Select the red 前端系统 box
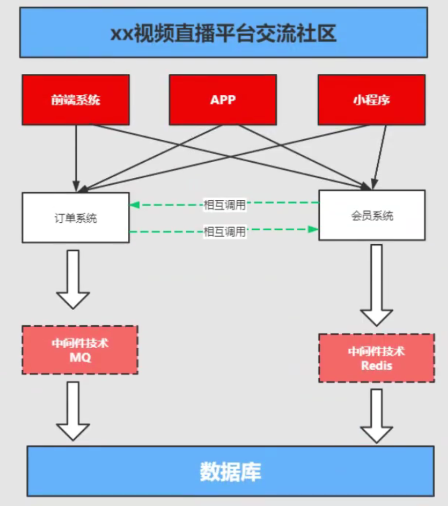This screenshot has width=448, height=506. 76,100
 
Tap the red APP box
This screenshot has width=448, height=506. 223,100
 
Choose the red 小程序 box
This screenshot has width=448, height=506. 371,100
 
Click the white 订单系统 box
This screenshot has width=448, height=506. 76,217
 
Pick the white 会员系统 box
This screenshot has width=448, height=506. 372,215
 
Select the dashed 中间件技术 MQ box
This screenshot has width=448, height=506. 80,350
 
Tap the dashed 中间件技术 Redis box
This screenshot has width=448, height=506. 376,358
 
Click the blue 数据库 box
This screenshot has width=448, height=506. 230,471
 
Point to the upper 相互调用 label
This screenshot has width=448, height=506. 224,205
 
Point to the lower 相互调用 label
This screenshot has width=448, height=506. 224,232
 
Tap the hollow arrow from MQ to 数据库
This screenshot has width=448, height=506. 73,411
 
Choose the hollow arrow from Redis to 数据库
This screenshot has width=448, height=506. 376,416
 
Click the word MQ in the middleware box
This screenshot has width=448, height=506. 80,358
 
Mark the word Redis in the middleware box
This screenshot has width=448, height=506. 376,365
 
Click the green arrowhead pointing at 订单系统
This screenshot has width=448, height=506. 133,205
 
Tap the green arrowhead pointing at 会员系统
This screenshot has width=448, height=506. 314,229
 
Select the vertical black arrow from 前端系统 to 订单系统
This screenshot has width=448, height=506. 76,156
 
